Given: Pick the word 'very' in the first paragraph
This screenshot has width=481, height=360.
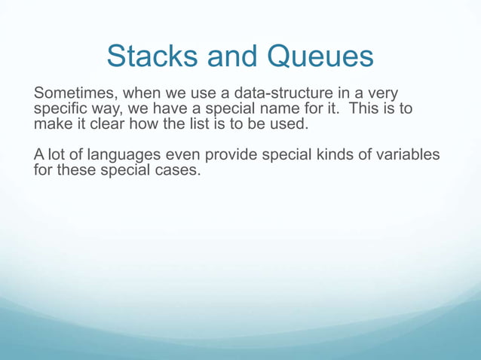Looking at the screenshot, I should [381, 94].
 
